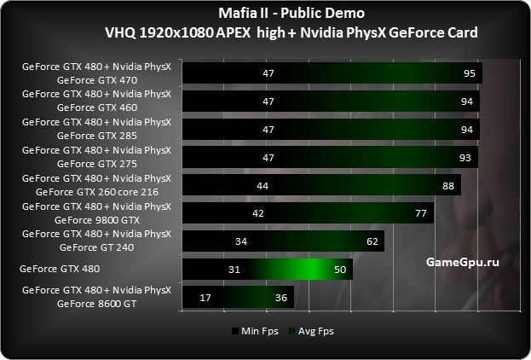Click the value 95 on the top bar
(469, 74)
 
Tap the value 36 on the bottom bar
(280, 298)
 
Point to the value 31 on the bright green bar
(258, 270)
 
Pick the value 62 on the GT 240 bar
(372, 242)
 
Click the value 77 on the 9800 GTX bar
(420, 214)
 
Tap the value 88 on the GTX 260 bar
(447, 186)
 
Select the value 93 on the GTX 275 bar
(465, 158)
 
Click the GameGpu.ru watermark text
(460, 263)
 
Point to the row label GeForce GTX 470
(96, 81)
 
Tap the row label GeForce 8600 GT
(96, 304)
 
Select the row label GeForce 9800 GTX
(96, 220)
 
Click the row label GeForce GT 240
(96, 248)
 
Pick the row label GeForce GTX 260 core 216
(96, 192)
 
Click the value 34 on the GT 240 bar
(241, 242)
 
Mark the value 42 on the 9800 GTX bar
(257, 214)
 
